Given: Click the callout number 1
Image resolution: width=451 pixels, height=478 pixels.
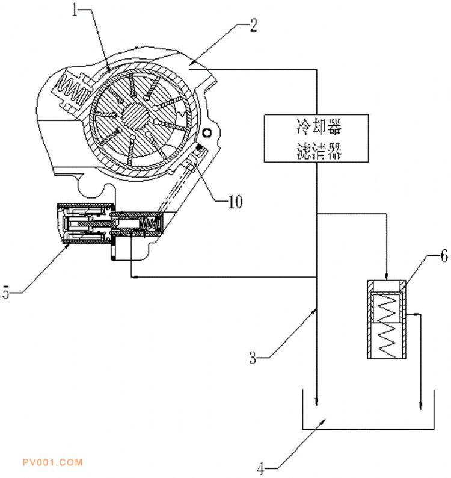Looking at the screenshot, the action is click(x=75, y=10).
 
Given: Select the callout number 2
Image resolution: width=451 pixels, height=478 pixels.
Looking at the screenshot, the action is click(x=253, y=25).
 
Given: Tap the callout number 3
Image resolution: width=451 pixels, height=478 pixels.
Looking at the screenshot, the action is click(x=253, y=358).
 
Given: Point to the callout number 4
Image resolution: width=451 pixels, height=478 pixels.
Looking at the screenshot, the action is click(x=260, y=468).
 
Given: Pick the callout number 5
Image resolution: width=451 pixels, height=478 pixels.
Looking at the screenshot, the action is click(x=6, y=292).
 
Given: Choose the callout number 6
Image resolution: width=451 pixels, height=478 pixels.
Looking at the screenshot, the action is click(x=444, y=256).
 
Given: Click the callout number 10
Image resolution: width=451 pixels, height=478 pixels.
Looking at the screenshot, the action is click(x=235, y=201).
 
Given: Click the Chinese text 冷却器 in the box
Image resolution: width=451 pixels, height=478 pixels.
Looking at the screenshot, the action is click(x=319, y=127).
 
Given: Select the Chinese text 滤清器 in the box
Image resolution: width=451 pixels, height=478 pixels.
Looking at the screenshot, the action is click(x=319, y=150).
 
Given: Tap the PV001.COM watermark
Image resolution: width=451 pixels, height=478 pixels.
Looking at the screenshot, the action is click(x=53, y=462).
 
